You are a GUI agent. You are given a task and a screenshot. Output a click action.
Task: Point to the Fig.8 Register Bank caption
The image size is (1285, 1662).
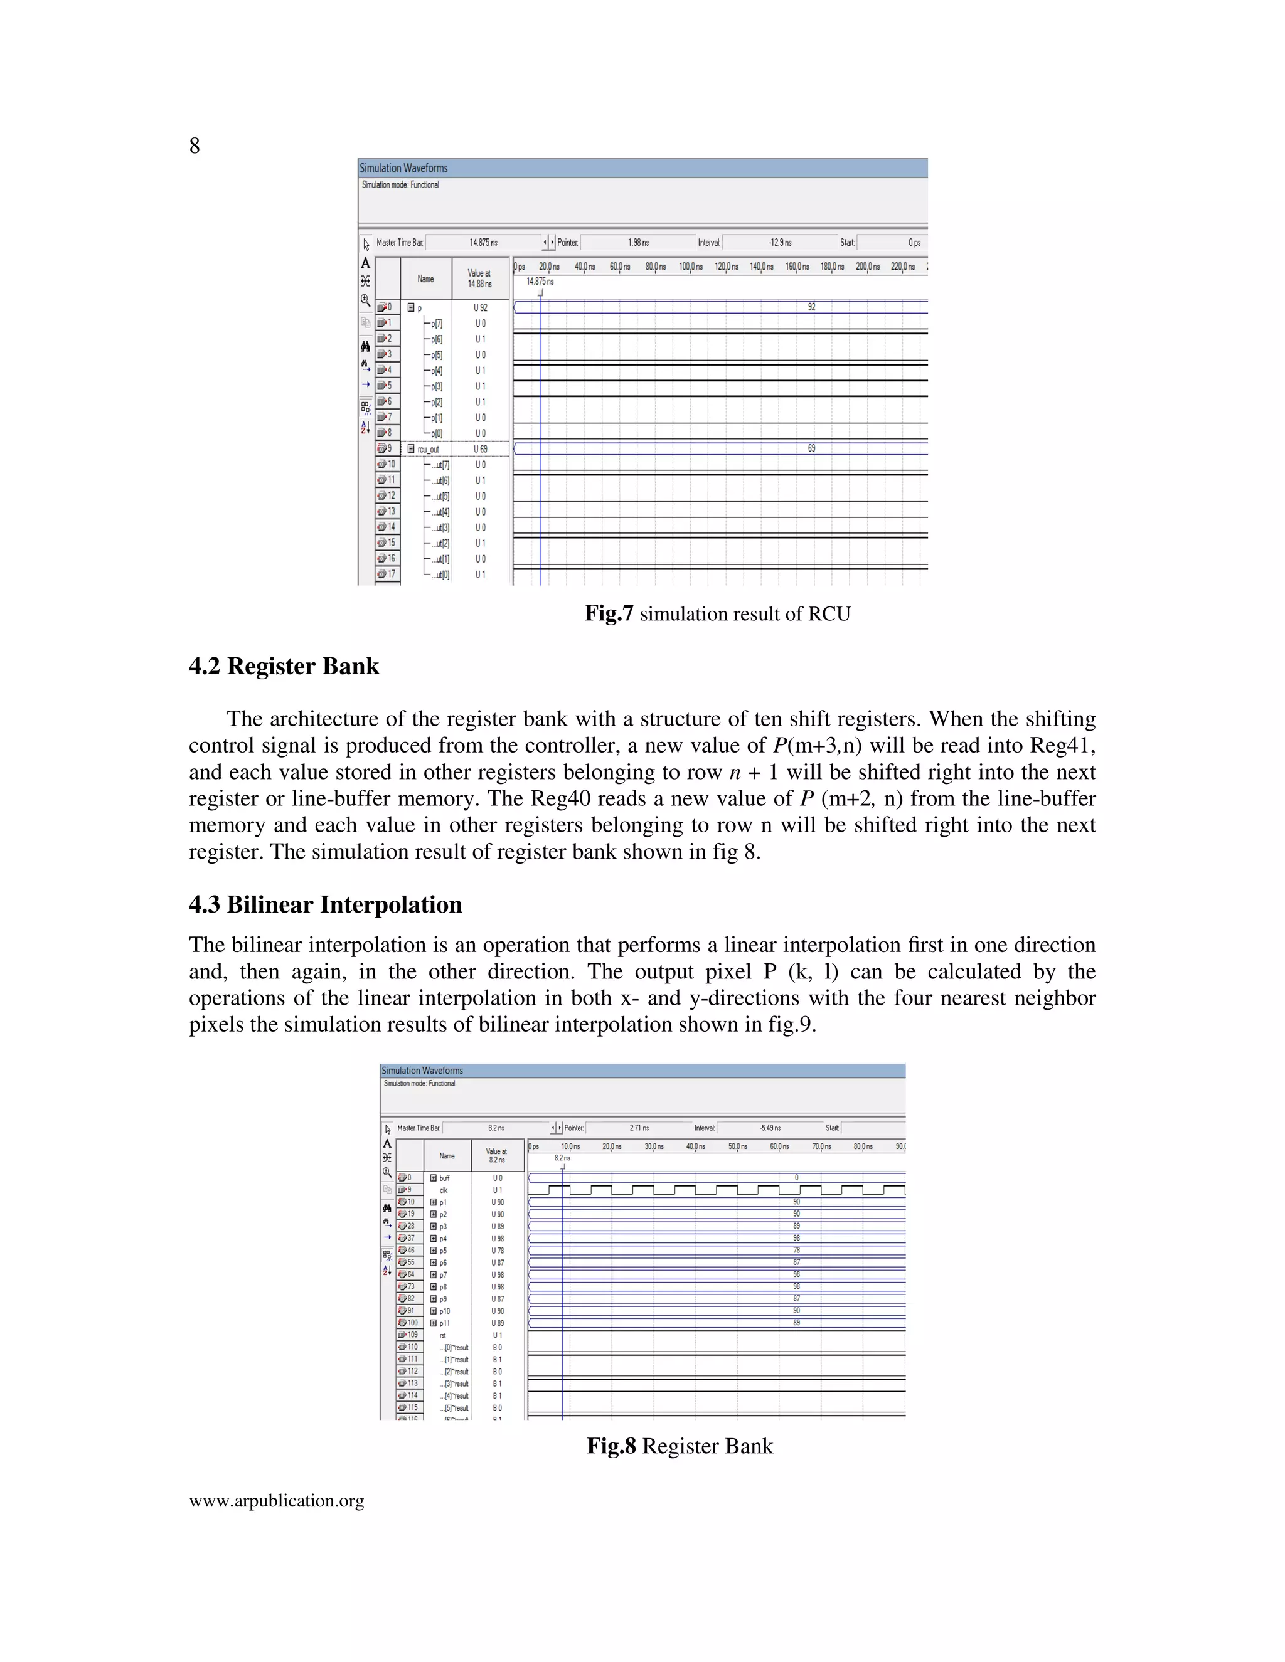pos(679,1446)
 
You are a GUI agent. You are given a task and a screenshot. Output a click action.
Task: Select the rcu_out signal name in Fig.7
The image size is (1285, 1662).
pos(428,449)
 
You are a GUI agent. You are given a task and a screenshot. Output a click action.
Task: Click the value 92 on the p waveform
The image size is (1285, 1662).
pos(811,307)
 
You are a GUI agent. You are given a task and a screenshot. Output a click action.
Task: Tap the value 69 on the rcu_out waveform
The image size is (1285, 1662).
pos(811,448)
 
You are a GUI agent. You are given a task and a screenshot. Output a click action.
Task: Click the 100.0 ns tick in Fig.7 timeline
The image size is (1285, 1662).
pos(690,267)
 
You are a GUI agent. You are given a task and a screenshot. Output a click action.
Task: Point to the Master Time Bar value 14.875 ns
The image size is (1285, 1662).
pos(483,243)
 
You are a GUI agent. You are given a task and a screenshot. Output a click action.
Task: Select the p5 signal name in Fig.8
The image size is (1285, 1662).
pos(443,1251)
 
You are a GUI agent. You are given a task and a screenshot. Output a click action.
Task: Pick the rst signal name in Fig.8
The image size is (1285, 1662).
pos(443,1335)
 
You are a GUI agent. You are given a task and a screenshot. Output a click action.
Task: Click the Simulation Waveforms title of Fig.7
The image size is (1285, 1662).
pos(403,168)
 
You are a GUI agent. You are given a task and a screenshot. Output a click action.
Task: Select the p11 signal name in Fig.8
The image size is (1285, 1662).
pos(445,1323)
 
